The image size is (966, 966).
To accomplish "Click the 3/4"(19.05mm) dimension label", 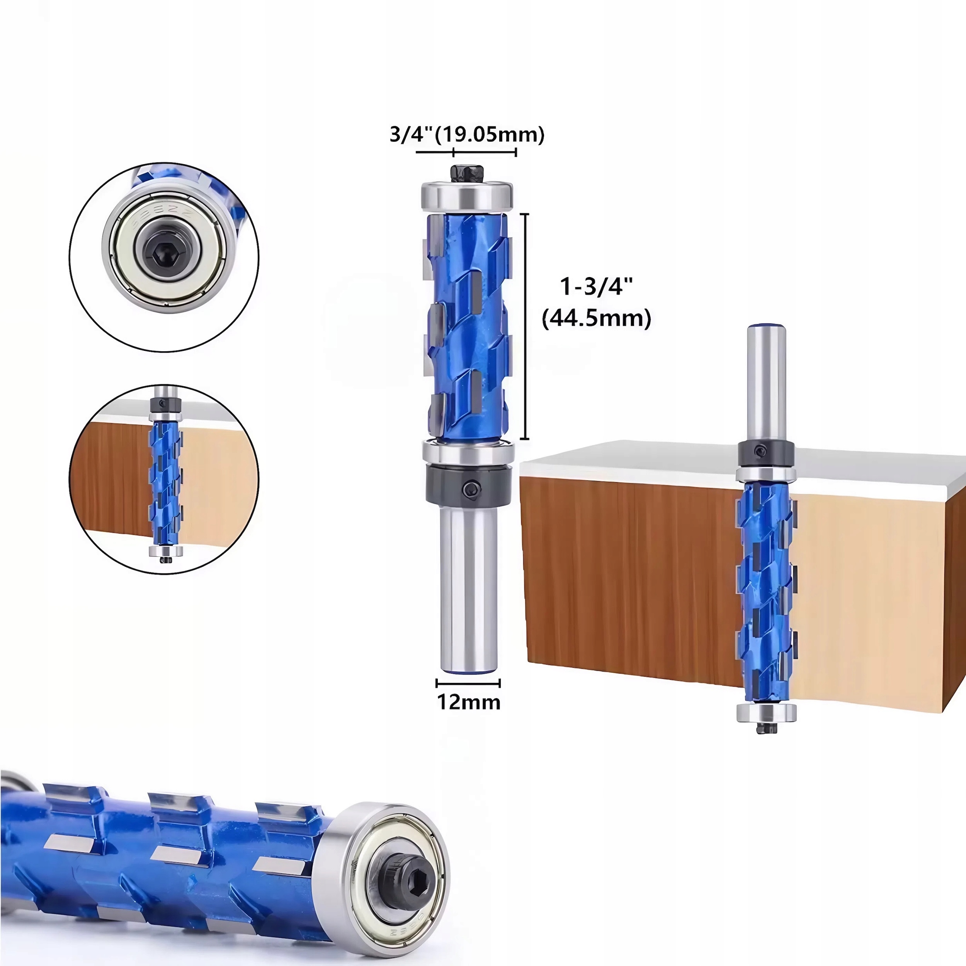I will tap(466, 134).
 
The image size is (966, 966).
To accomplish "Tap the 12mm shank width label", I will tap(468, 702).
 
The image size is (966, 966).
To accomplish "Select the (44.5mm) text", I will tap(597, 318).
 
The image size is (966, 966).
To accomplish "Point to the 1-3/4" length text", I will tap(596, 287).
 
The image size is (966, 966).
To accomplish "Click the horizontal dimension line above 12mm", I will tap(468, 683).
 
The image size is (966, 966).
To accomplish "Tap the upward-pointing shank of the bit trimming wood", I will tap(766, 380).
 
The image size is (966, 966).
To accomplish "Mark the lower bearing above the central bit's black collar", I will tap(468, 451).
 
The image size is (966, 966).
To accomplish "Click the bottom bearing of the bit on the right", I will tap(766, 712).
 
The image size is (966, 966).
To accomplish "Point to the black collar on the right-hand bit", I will tap(765, 452).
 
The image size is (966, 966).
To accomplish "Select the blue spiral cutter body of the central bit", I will tap(468, 325).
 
